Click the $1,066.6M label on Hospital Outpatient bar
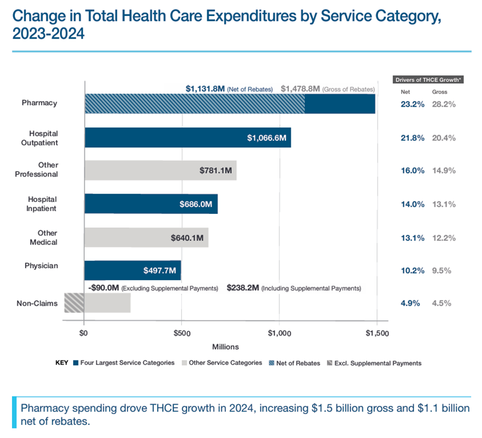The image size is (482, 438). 268,138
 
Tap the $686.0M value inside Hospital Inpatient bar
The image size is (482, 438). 195,204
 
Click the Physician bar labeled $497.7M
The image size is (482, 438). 160,270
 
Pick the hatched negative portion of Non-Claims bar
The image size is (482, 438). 74,303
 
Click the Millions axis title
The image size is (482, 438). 225,346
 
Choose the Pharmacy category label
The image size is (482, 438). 39,102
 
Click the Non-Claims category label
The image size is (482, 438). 38,303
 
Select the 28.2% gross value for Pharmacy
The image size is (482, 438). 443,104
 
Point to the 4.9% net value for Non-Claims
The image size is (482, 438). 411,303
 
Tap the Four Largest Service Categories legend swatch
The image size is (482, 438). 76,363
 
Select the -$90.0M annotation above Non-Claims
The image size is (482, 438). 103,288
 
